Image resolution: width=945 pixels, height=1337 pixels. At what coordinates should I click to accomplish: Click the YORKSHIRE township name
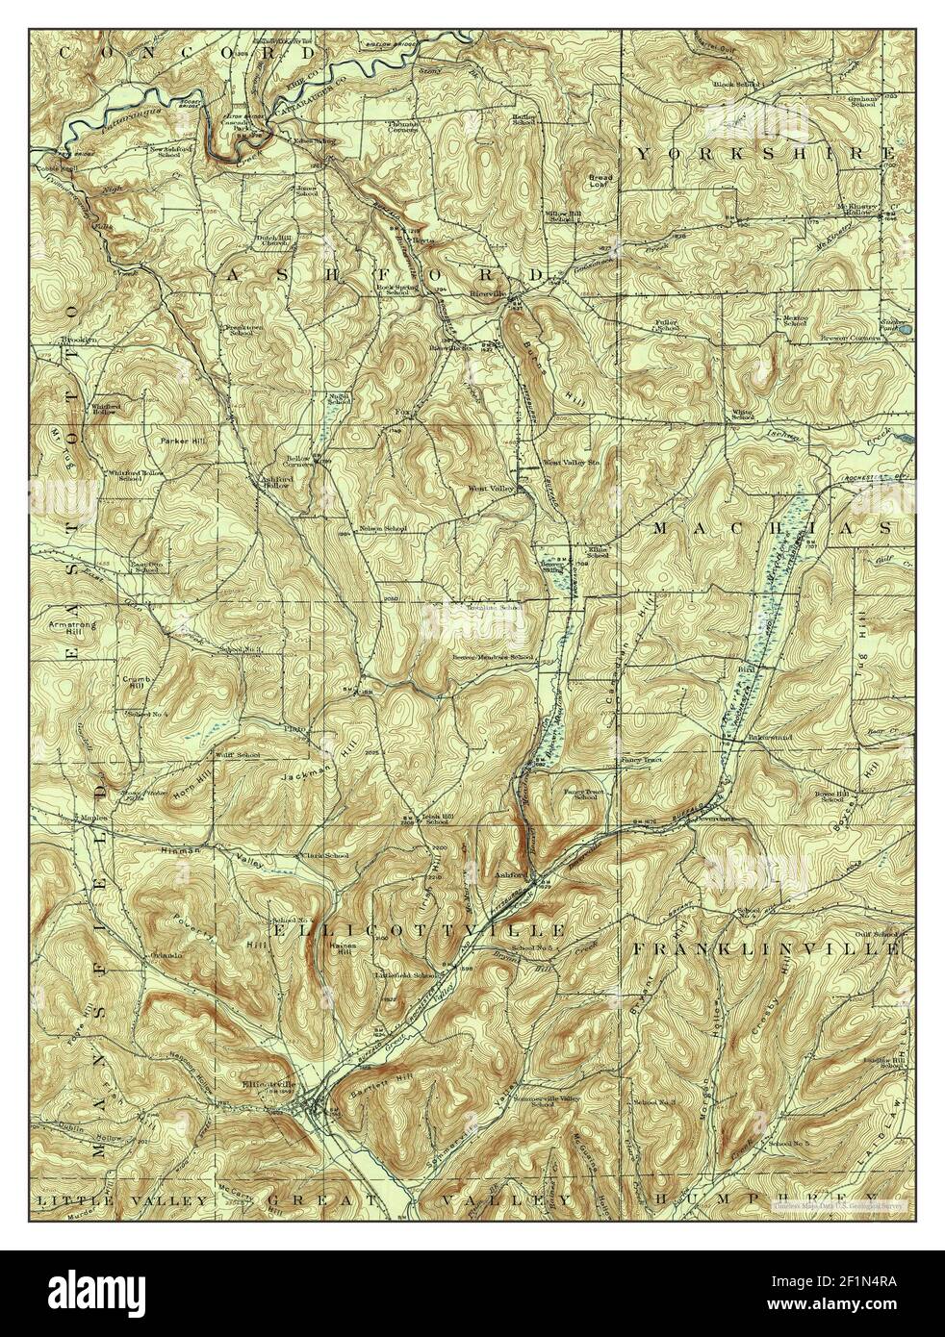pos(765,153)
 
